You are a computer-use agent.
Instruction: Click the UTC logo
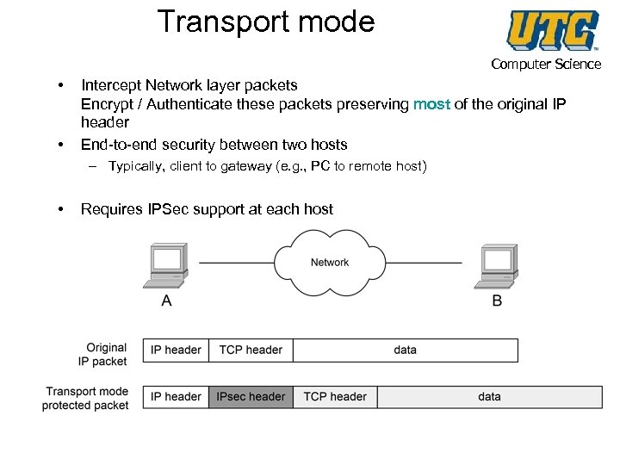pyautogui.click(x=552, y=30)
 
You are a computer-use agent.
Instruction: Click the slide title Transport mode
pyautogui.click(x=266, y=22)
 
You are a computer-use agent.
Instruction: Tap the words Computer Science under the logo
pyautogui.click(x=546, y=64)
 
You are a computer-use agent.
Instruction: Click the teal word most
pyautogui.click(x=431, y=104)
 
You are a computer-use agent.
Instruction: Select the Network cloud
pyautogui.click(x=329, y=262)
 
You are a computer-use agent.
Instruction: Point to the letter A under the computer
pyautogui.click(x=166, y=301)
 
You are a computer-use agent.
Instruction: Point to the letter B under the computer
pyautogui.click(x=497, y=301)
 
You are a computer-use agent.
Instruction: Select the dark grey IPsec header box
pyautogui.click(x=251, y=397)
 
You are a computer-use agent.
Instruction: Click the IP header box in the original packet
pyautogui.click(x=176, y=350)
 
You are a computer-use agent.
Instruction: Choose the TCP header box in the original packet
pyautogui.click(x=251, y=350)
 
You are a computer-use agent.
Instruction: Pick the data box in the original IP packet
pyautogui.click(x=405, y=350)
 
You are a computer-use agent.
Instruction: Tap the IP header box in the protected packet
pyautogui.click(x=176, y=397)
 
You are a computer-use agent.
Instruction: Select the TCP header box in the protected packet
pyautogui.click(x=335, y=397)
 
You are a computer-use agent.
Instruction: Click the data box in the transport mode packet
pyautogui.click(x=489, y=397)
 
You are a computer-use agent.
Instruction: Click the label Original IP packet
pyautogui.click(x=104, y=355)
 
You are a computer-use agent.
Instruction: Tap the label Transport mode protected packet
pyautogui.click(x=86, y=399)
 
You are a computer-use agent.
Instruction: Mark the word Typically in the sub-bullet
pyautogui.click(x=137, y=166)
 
